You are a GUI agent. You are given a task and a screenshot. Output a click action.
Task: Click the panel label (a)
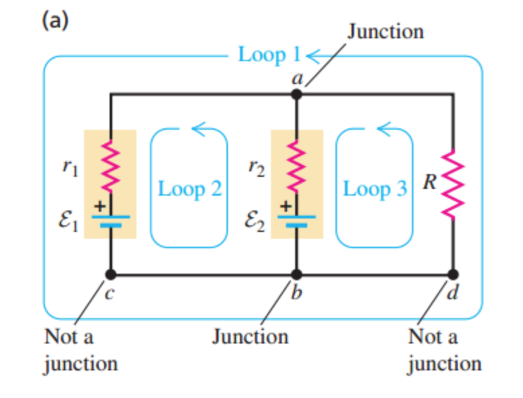point(55,22)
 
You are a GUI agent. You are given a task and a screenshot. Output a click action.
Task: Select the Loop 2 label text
point(190,189)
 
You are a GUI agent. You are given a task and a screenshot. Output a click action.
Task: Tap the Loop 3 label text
point(375,189)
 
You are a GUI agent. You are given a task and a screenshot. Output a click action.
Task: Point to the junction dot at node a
point(296,95)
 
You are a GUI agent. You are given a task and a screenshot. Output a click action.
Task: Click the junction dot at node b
point(296,274)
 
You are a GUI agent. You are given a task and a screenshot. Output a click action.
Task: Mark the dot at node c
point(111,274)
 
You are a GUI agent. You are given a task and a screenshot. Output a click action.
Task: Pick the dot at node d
point(453,274)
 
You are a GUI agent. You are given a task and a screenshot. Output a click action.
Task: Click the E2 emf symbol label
point(255,223)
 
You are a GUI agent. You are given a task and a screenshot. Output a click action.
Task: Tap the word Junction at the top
point(385,31)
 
